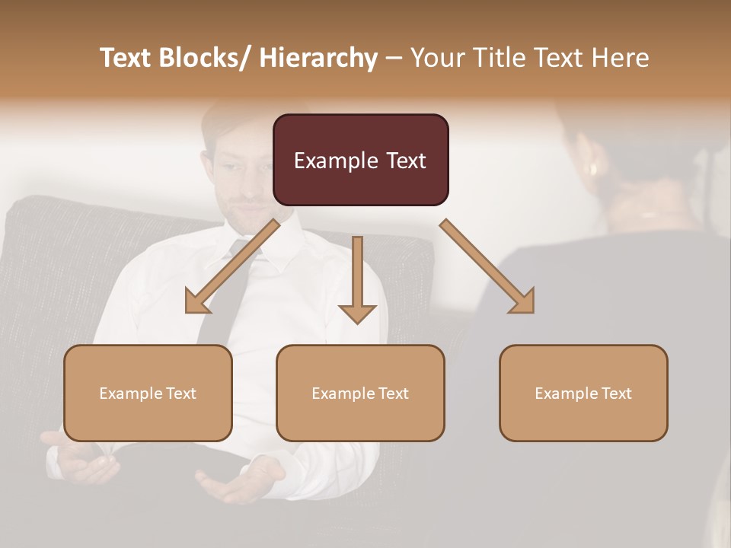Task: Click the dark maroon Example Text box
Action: click(360, 160)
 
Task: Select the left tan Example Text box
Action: click(148, 393)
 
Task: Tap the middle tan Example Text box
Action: click(360, 393)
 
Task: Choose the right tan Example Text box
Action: click(583, 393)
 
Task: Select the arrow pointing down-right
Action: click(488, 267)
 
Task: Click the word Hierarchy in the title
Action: click(318, 58)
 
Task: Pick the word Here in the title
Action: click(620, 58)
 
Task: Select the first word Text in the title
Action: click(126, 58)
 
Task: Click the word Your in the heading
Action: click(436, 58)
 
